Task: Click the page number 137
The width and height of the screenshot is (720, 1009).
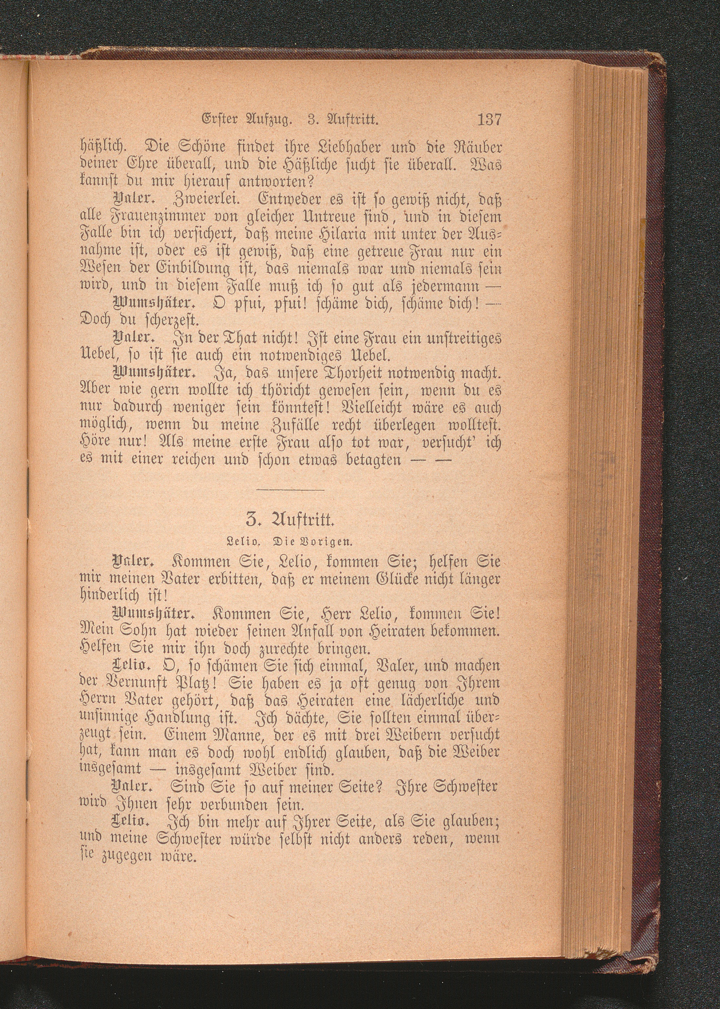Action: click(x=489, y=120)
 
